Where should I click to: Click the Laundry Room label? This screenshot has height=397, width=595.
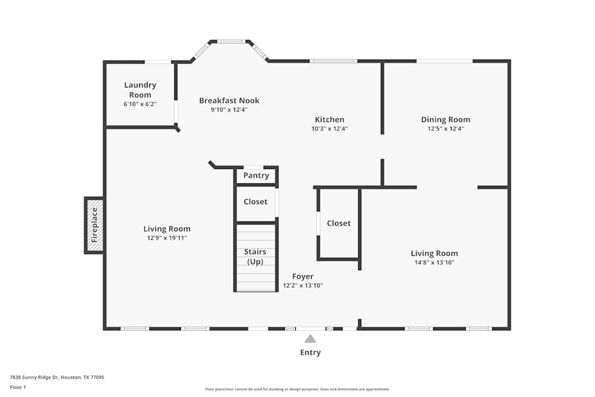[140, 90]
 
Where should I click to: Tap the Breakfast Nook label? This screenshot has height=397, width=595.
[229, 101]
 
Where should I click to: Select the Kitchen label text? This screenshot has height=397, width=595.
[329, 120]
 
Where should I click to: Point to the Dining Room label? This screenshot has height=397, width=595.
[445, 120]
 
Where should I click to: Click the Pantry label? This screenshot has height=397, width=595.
[256, 176]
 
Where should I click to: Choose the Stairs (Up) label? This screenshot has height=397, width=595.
[255, 257]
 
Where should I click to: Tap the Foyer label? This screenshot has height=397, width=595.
[302, 276]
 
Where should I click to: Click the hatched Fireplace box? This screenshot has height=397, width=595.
[94, 225]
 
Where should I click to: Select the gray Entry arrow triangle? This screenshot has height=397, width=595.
[310, 339]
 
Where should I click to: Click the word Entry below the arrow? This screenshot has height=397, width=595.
[310, 352]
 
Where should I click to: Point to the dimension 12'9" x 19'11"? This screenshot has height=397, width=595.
[167, 238]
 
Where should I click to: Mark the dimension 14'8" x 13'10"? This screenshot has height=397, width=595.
[434, 262]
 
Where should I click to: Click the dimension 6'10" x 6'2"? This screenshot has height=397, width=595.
[140, 105]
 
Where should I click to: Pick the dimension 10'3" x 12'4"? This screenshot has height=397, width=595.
[329, 129]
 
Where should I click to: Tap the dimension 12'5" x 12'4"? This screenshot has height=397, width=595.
[445, 129]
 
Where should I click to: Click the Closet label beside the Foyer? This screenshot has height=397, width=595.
[339, 223]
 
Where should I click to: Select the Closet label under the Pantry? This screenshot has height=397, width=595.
[255, 202]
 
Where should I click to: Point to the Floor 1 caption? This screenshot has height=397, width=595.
[18, 387]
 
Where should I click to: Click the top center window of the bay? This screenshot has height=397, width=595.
[230, 42]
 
